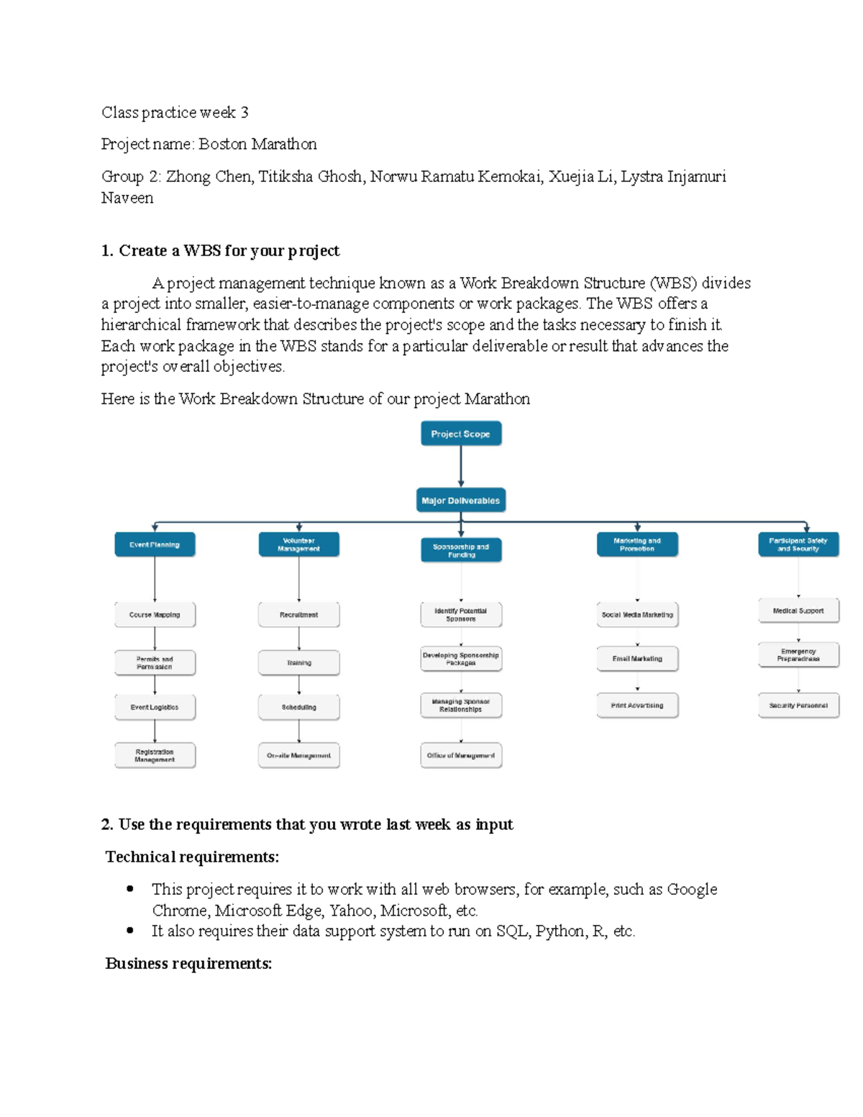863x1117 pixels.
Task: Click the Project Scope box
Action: pyautogui.click(x=460, y=434)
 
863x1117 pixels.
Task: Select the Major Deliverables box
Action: pyautogui.click(x=460, y=501)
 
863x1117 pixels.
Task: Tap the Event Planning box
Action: pyautogui.click(x=155, y=544)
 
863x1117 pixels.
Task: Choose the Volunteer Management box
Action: pyautogui.click(x=298, y=544)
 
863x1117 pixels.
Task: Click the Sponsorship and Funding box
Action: pyautogui.click(x=461, y=550)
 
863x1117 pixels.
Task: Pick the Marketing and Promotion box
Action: pyautogui.click(x=637, y=544)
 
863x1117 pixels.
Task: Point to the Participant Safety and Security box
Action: pyautogui.click(x=798, y=544)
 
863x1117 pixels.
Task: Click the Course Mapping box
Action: pyautogui.click(x=155, y=615)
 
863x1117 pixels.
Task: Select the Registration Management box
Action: pyautogui.click(x=155, y=755)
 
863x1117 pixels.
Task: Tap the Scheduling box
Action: pyautogui.click(x=298, y=707)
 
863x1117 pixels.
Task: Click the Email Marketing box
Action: pyautogui.click(x=637, y=659)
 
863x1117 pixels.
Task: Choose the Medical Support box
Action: pyautogui.click(x=798, y=611)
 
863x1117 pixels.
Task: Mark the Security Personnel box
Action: pyautogui.click(x=798, y=706)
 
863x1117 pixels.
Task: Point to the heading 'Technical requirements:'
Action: pyautogui.click(x=192, y=857)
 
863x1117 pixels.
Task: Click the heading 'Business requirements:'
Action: pyautogui.click(x=188, y=963)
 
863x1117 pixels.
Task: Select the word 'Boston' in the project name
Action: pyautogui.click(x=222, y=144)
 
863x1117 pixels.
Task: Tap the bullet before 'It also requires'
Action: pyautogui.click(x=130, y=931)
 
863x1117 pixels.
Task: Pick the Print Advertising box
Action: pyautogui.click(x=637, y=706)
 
